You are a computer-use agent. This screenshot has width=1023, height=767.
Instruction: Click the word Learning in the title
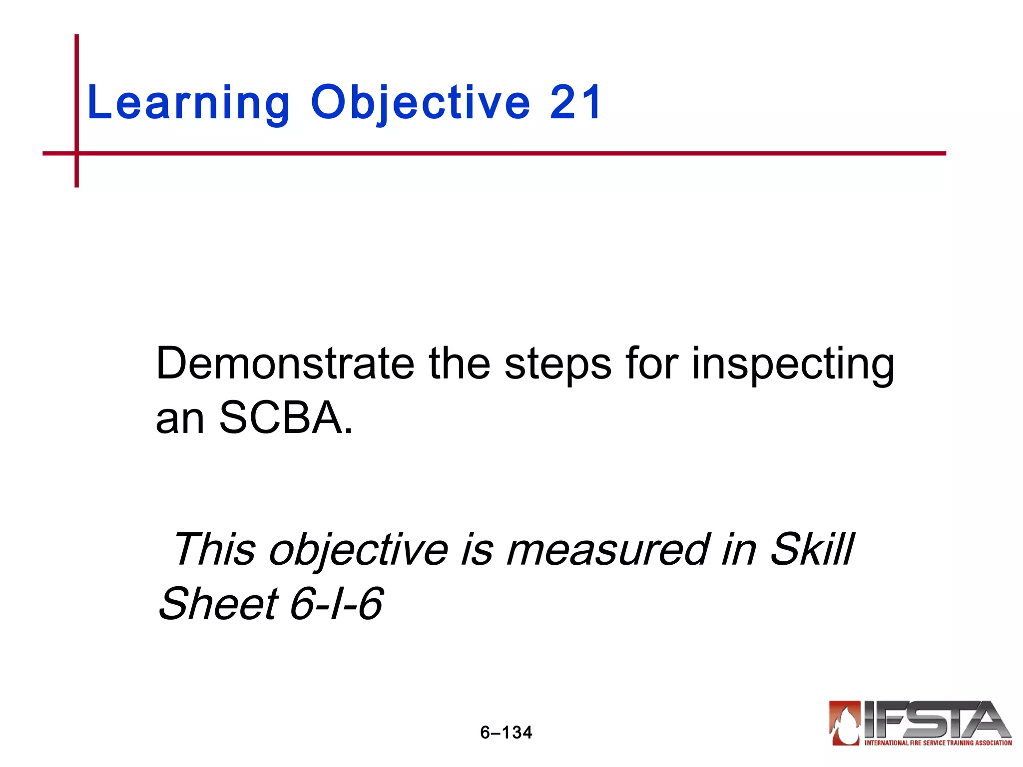pos(188,103)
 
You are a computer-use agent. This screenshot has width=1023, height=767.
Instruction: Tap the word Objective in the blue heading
pos(420,103)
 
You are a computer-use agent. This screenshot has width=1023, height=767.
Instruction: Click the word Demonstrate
pos(285,364)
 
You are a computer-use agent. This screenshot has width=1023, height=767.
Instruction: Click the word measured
pos(607,549)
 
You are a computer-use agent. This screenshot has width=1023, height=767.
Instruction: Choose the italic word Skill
pos(812,549)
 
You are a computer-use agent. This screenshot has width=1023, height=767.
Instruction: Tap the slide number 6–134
pos(506,733)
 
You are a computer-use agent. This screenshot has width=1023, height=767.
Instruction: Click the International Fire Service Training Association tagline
pos(938,743)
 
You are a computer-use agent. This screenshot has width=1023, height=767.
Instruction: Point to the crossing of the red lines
pos(76,153)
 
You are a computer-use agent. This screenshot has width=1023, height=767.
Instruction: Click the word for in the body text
pos(651,364)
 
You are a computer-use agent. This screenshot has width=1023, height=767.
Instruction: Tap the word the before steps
pos(459,364)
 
